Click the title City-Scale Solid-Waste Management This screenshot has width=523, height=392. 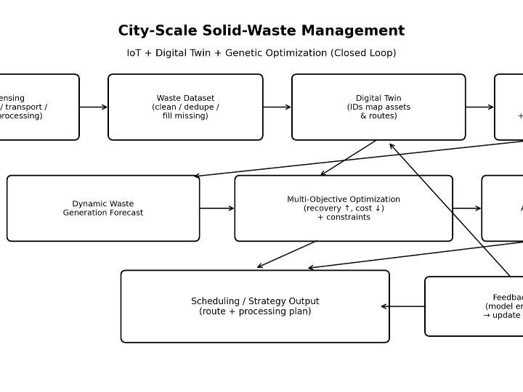[261, 31]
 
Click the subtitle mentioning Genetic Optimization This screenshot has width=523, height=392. [261, 53]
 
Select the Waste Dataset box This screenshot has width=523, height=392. [185, 107]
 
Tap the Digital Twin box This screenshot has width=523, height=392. [378, 107]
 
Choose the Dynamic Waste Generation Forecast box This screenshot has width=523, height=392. [103, 208]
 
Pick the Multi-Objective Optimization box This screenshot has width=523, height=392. [344, 208]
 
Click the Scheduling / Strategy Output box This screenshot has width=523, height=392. [255, 306]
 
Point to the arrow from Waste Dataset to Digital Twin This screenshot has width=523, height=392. [277, 107]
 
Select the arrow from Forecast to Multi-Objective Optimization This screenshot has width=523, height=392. [216, 208]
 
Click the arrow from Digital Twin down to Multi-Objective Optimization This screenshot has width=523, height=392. [349, 158]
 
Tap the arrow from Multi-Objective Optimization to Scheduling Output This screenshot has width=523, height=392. [287, 255]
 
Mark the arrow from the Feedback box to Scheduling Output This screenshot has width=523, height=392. [403, 306]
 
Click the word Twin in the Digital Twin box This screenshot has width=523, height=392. [393, 98]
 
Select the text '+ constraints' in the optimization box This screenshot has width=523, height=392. [344, 217]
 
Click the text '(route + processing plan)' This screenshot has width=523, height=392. [255, 311]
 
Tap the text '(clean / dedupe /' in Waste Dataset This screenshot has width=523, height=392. [185, 107]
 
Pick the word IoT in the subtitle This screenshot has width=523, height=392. [134, 53]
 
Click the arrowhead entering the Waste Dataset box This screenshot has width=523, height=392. [105, 107]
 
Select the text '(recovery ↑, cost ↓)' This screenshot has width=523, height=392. [344, 208]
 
